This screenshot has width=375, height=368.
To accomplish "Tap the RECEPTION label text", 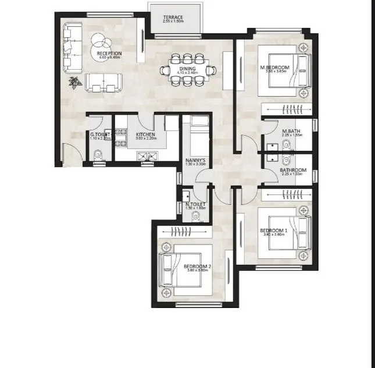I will click(109, 54).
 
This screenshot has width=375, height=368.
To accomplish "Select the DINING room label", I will click(187, 69).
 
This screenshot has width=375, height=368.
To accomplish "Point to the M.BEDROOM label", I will click(272, 68).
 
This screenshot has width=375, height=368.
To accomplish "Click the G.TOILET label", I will click(100, 135).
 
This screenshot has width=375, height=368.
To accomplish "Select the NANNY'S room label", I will click(194, 160).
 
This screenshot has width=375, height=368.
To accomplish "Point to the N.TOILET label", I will click(195, 204).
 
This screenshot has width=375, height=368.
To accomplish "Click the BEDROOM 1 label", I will click(273, 231).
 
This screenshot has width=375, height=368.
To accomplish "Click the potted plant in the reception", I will click(74, 83).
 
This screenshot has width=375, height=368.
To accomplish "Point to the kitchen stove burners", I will click(146, 155).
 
